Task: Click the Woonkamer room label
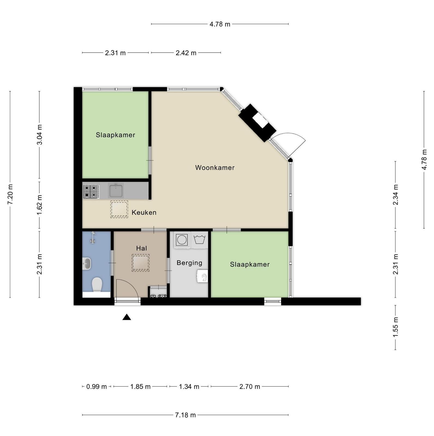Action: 215,168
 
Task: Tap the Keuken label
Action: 144,213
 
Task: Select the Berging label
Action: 189,263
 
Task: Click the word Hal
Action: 141,248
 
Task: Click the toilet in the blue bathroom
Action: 97,284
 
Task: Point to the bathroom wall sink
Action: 87,264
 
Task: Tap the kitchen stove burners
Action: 91,191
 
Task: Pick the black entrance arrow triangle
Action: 126,317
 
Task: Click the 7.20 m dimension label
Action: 10,194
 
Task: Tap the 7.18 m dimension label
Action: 185,415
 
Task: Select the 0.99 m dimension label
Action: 97,387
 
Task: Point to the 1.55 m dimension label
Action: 396,327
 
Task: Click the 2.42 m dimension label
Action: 186,53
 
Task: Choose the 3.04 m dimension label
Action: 40,135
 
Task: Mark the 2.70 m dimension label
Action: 250,387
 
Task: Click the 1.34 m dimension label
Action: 189,387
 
